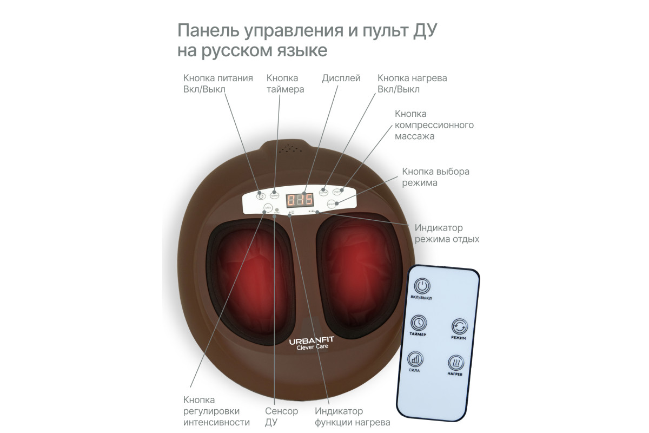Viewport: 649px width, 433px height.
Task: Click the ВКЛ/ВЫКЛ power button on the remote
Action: coord(422,287)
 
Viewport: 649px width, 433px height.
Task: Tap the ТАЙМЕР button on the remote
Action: coord(418,323)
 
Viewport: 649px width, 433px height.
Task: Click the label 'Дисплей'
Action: coord(341,78)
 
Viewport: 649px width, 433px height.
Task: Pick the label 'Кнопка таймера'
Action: coord(285,83)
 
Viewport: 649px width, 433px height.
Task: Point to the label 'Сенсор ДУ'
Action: coord(281,416)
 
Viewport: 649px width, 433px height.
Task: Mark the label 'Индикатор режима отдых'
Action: coord(446,233)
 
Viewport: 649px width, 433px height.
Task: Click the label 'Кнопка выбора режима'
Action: coord(435,177)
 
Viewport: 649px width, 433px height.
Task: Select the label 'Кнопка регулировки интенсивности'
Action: coord(216,411)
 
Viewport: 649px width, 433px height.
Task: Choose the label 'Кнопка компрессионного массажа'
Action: coord(434,125)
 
